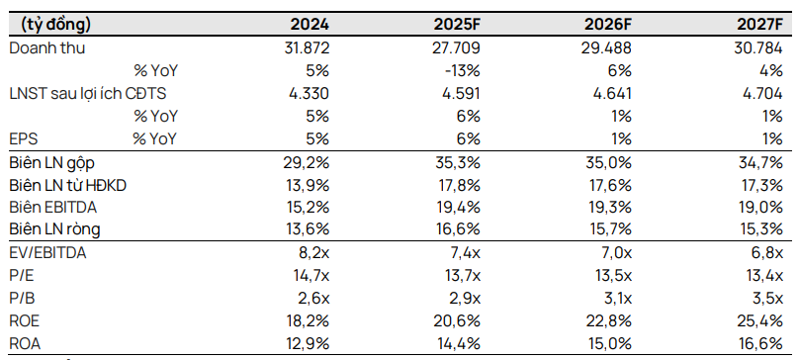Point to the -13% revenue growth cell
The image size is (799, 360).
tap(464, 70)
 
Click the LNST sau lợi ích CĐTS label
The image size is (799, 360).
tap(87, 93)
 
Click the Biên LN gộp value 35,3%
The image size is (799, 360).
tap(458, 161)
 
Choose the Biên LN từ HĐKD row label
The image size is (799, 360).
tap(68, 184)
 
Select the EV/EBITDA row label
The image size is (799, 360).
tap(47, 253)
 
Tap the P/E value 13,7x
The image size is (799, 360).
tap(461, 276)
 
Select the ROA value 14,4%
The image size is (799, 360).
tap(458, 344)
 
